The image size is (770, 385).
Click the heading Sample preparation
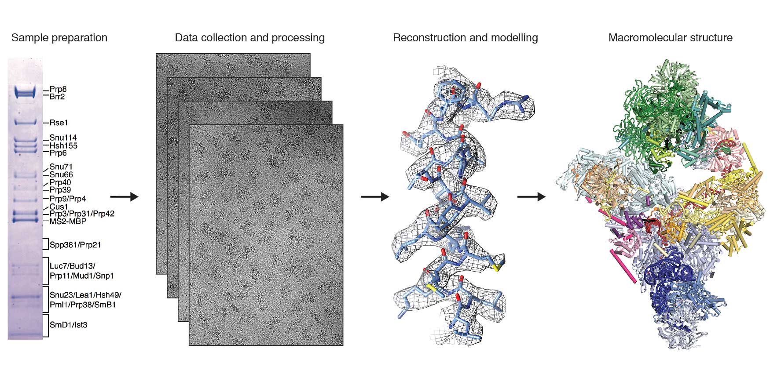point(59,38)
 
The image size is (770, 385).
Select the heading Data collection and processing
point(249,38)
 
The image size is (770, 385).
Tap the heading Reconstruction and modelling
point(465,38)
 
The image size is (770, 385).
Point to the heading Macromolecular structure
point(670,38)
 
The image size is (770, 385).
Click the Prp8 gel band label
point(58,90)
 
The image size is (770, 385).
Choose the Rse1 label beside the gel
point(59,123)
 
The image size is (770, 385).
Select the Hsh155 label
point(63,145)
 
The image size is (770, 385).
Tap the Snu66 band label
point(61,174)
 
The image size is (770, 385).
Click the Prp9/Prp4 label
point(68,199)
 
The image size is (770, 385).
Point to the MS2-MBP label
point(68,222)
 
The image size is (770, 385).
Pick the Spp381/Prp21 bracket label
point(75,245)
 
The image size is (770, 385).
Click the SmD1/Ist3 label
point(68,325)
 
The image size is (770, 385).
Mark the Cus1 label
point(59,207)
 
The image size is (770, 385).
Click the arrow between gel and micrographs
point(124,197)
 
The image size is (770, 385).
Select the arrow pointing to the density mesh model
point(375,197)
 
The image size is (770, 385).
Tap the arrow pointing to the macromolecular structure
point(531,197)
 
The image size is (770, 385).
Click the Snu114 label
point(63,138)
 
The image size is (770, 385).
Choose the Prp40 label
point(60,182)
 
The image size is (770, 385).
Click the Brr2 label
point(57,97)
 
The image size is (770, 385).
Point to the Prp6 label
point(58,153)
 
